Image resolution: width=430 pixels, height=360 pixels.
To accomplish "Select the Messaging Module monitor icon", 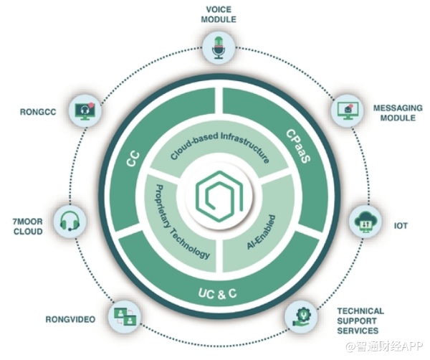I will point(347,109).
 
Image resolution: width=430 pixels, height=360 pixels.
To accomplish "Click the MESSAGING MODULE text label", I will point(397,113).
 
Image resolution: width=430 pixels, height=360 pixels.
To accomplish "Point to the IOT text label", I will point(401,226).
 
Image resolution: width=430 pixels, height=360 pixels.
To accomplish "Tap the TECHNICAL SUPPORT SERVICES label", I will point(360,321).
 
